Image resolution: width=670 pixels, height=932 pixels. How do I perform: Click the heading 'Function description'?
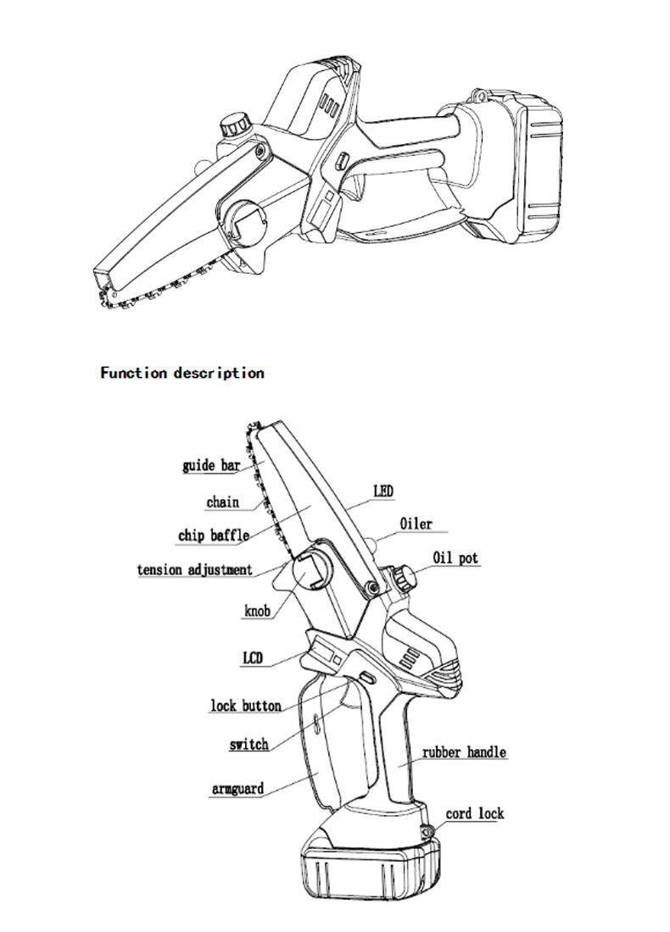pos(182,373)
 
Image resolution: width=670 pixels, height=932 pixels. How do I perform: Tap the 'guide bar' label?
pos(211,465)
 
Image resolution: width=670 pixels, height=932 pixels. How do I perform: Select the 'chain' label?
pos(222,502)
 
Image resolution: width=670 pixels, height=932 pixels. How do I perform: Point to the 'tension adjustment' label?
pos(195,569)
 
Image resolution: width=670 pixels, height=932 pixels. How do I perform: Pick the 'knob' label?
pos(258,610)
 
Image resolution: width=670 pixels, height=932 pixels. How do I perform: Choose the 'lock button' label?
pos(246,706)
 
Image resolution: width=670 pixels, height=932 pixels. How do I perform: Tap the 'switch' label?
pos(248,745)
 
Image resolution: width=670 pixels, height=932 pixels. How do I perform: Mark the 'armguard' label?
pos(237,789)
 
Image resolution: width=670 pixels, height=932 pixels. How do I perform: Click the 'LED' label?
pos(383,491)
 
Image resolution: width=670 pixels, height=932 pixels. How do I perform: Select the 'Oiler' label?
pos(416,524)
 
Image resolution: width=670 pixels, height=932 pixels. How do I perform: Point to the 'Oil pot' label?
pos(455,558)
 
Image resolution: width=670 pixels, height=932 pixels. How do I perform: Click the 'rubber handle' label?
pos(464,752)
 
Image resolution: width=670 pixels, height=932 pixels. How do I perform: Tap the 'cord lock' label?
pos(475,813)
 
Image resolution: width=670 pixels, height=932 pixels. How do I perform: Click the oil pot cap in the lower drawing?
pos(405,580)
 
